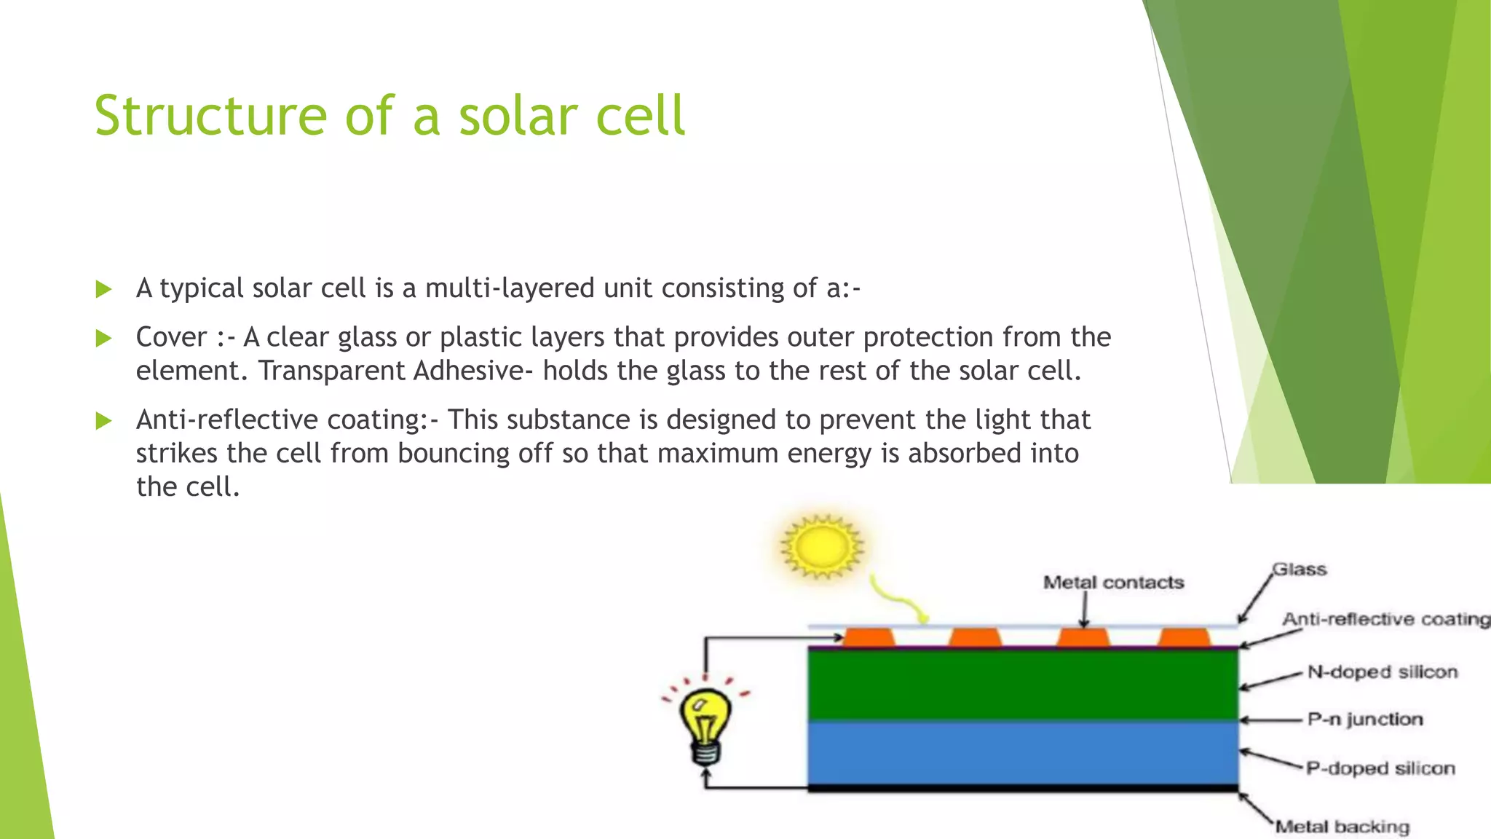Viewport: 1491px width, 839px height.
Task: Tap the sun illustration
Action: click(x=822, y=546)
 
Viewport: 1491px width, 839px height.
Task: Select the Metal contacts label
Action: click(x=1113, y=583)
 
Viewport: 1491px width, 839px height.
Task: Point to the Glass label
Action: click(x=1300, y=570)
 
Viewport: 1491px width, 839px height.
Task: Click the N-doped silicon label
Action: click(x=1382, y=671)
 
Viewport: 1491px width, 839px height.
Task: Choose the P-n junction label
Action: click(x=1364, y=720)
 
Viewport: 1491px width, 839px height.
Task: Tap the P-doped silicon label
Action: click(x=1380, y=768)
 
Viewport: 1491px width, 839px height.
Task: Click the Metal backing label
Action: click(x=1342, y=827)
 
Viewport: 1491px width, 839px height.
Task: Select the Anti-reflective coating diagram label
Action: click(x=1385, y=619)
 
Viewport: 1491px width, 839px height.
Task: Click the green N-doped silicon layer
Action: click(x=1023, y=685)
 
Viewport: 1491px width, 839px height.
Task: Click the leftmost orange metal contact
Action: click(x=869, y=638)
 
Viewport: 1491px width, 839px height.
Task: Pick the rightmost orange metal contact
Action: click(x=1184, y=638)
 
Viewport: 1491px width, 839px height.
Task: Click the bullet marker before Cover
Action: click(x=103, y=338)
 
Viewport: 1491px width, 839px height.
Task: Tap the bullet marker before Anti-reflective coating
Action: click(x=103, y=420)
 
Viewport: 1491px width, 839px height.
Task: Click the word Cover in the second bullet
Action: click(x=172, y=337)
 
